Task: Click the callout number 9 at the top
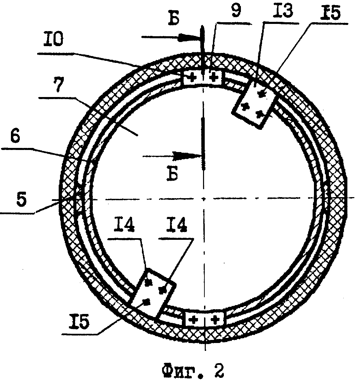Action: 236,11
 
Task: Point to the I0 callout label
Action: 53,39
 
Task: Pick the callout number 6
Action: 15,136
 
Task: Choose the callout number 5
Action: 21,200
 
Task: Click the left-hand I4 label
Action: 124,225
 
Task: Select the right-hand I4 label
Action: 176,225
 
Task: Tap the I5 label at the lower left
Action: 79,322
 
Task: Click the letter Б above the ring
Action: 174,18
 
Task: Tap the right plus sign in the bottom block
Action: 215,319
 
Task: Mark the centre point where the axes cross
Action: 204,198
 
